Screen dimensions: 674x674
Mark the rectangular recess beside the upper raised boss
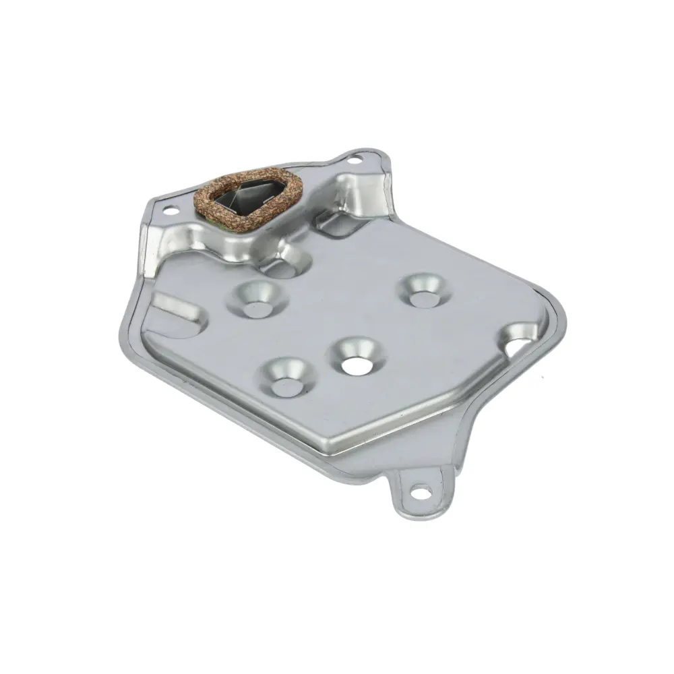(337, 226)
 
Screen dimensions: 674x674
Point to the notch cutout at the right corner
(520, 341)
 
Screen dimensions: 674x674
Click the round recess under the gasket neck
(283, 266)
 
